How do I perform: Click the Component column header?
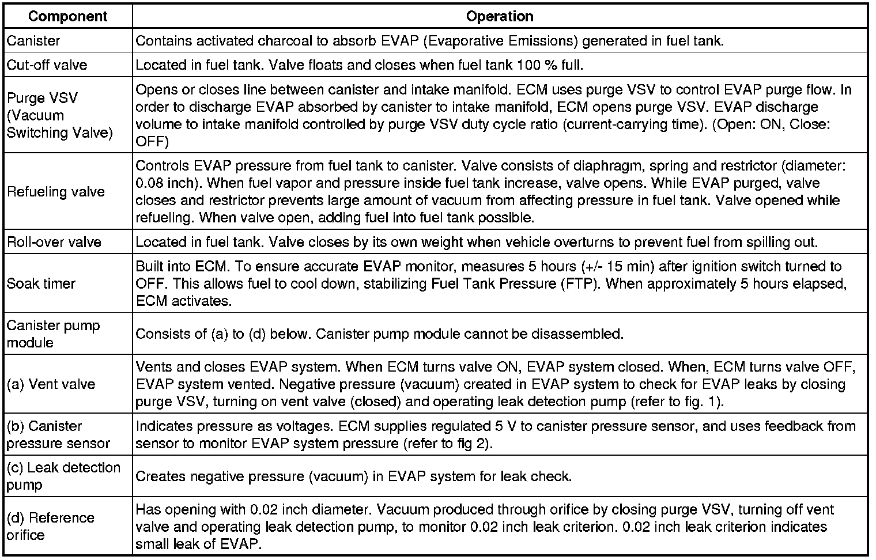pyautogui.click(x=67, y=16)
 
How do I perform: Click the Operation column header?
pyautogui.click(x=499, y=16)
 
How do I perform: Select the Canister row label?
pyautogui.click(x=33, y=41)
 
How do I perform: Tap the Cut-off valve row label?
pyautogui.click(x=47, y=65)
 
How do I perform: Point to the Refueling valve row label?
pyautogui.click(x=56, y=192)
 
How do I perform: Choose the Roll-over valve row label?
pyautogui.click(x=54, y=242)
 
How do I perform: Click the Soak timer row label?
pyautogui.click(x=41, y=283)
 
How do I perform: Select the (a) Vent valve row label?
pyautogui.click(x=51, y=384)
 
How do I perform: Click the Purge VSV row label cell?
pyautogui.click(x=60, y=115)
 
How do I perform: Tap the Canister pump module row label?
pyautogui.click(x=53, y=334)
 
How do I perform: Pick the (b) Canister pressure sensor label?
pyautogui.click(x=58, y=434)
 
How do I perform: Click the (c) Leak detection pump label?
pyautogui.click(x=63, y=476)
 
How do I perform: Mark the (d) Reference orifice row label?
pyautogui.click(x=51, y=526)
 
